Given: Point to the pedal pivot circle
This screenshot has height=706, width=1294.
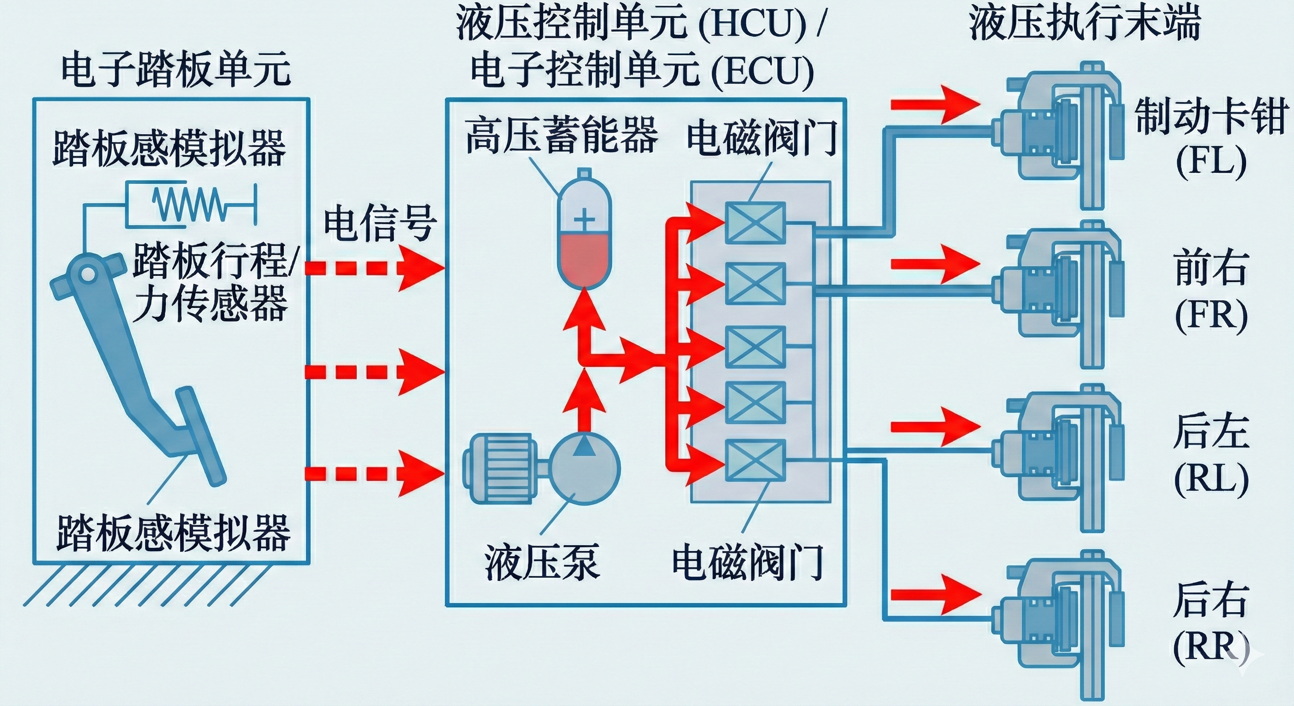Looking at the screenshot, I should (87, 274).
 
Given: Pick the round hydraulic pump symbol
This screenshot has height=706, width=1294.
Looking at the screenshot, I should (584, 468).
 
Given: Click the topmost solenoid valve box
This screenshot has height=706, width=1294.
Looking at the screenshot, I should (755, 222).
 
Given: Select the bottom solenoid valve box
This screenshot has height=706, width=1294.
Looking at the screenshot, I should (755, 459).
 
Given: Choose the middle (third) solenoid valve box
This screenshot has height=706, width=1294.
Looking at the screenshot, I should (755, 346).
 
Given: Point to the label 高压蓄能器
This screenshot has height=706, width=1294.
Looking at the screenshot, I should (561, 135).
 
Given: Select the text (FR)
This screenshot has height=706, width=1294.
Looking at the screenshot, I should (1211, 316).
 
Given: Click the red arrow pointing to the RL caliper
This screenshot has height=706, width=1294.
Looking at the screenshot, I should (935, 427).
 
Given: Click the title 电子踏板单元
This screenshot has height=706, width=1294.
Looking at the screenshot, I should (176, 69).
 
